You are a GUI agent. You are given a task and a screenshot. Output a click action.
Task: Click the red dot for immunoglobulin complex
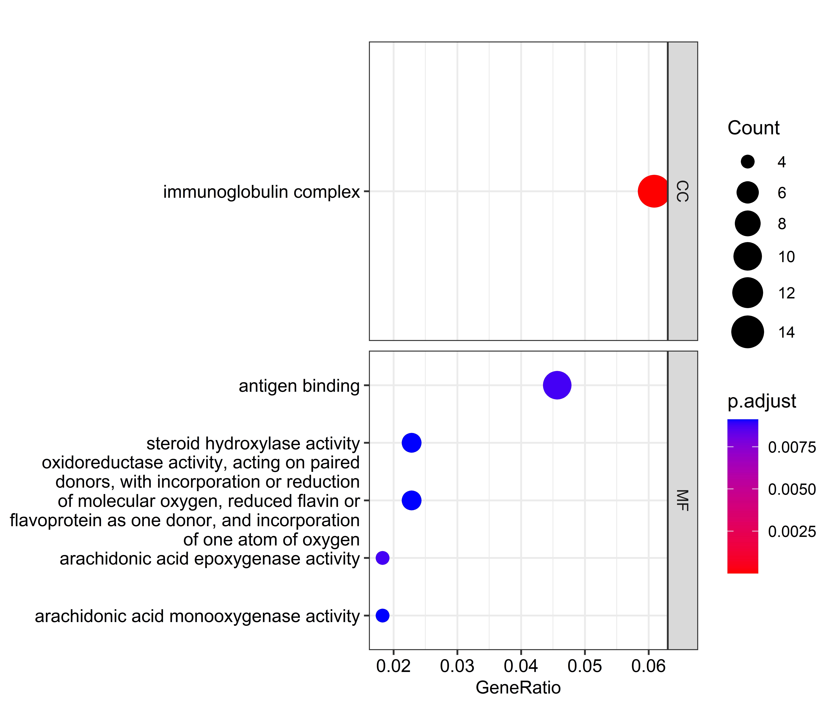pyautogui.click(x=654, y=191)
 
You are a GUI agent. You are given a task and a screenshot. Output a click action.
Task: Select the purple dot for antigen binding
pyautogui.click(x=557, y=385)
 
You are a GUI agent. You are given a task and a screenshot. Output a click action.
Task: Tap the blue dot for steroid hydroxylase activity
pyautogui.click(x=411, y=443)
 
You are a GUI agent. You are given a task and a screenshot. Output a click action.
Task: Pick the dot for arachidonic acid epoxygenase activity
pyautogui.click(x=383, y=558)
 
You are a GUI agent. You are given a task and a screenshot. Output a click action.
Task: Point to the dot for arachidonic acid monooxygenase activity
pyautogui.click(x=383, y=615)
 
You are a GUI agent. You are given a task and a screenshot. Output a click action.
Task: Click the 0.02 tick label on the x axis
pyautogui.click(x=393, y=666)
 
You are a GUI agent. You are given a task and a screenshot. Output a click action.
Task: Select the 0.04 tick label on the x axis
pyautogui.click(x=521, y=666)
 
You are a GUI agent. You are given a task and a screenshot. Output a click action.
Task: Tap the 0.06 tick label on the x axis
pyautogui.click(x=648, y=666)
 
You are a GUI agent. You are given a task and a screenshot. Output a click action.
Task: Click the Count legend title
pyautogui.click(x=753, y=128)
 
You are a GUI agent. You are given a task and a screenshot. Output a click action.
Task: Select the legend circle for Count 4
pyautogui.click(x=747, y=162)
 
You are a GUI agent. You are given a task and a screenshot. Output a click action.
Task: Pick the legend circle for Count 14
pyautogui.click(x=747, y=332)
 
